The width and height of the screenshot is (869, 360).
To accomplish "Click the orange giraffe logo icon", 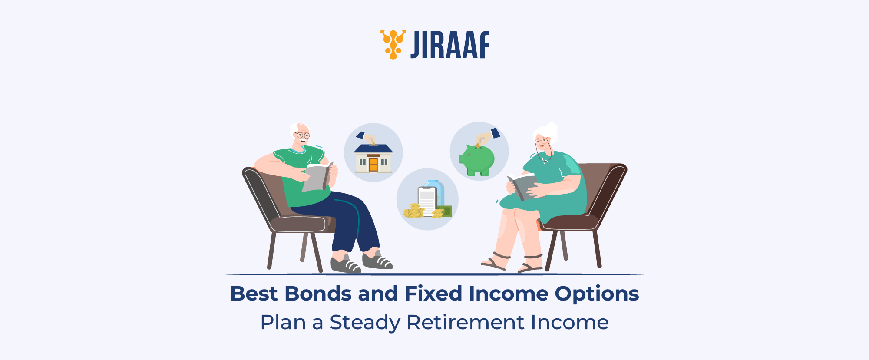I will [x=393, y=44].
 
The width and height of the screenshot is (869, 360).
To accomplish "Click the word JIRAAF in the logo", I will [x=450, y=45].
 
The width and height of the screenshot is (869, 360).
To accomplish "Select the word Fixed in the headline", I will [x=433, y=294].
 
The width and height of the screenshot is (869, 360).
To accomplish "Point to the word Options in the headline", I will [x=597, y=294].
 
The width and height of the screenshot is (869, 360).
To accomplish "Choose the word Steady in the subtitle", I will [x=365, y=323].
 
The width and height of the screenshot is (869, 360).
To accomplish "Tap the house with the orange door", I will [x=373, y=158].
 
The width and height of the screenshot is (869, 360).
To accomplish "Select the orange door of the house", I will [x=373, y=165].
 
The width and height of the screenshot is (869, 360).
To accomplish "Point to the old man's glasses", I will [x=303, y=135].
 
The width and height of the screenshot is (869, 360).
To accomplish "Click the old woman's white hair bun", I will [x=552, y=128].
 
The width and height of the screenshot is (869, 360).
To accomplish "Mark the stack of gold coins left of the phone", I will [x=413, y=211].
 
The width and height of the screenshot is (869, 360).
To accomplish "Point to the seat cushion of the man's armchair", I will [x=298, y=224].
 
